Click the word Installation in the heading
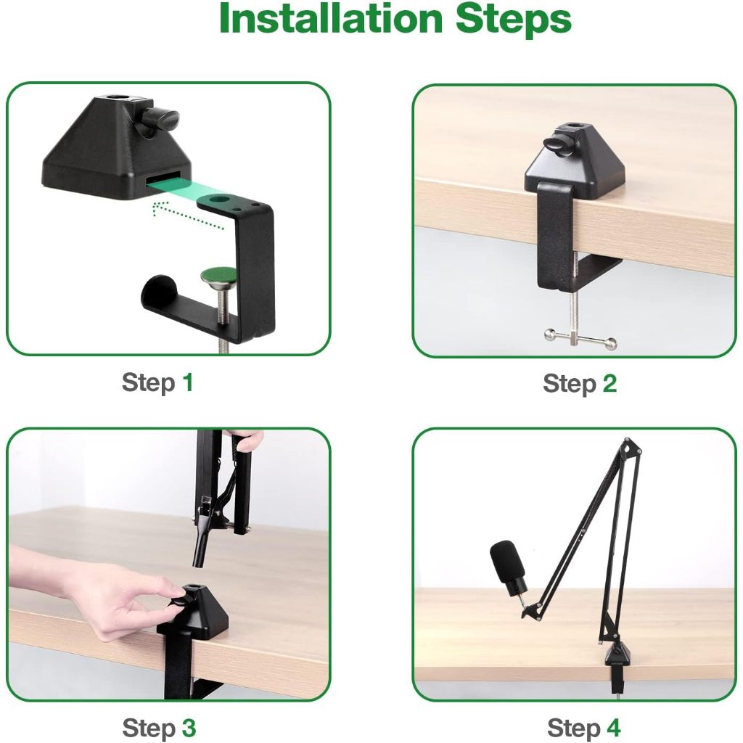click(331, 18)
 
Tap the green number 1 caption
click(188, 382)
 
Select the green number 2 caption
click(609, 383)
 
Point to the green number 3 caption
click(189, 727)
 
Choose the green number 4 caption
click(613, 727)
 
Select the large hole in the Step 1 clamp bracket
click(219, 200)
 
